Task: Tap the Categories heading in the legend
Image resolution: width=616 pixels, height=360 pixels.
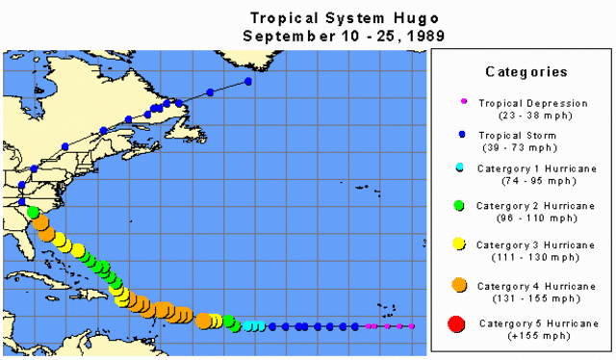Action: click(526, 71)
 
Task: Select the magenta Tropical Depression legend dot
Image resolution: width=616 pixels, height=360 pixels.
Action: click(463, 101)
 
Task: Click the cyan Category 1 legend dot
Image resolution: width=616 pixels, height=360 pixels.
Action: click(461, 168)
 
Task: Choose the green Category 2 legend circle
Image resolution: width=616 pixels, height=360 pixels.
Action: click(460, 205)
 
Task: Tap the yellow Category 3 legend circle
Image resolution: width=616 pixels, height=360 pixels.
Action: click(460, 244)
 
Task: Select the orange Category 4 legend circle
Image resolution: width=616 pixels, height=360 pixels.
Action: click(460, 284)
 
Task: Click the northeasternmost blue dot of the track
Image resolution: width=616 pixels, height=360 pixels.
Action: click(248, 82)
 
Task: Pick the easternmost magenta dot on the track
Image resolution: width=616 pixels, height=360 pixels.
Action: click(412, 327)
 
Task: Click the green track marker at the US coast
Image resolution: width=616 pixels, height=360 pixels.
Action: click(33, 212)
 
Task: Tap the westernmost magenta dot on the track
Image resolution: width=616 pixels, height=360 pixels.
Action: click(368, 327)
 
